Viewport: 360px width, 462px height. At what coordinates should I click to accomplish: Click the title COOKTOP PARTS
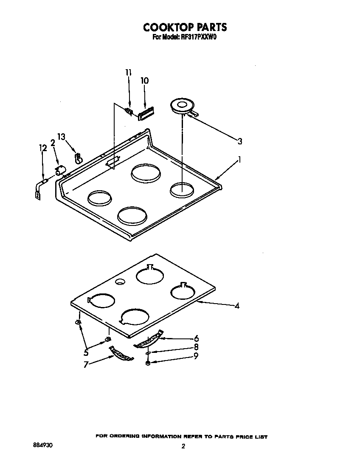pyautogui.click(x=185, y=28)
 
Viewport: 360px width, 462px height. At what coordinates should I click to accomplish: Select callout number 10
pyautogui.click(x=144, y=81)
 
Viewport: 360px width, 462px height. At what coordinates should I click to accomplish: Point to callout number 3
pyautogui.click(x=240, y=141)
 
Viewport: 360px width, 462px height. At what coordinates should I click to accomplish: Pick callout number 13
pyautogui.click(x=62, y=137)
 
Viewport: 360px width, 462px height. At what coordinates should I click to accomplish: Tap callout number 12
pyautogui.click(x=42, y=148)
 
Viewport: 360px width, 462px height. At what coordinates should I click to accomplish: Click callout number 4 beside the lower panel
pyautogui.click(x=237, y=306)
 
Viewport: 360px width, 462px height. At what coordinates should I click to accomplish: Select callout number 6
pyautogui.click(x=196, y=338)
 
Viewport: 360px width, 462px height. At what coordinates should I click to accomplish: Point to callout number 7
pyautogui.click(x=86, y=364)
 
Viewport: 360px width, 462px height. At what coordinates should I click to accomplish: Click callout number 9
pyautogui.click(x=196, y=357)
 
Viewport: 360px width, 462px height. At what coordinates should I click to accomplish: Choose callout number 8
pyautogui.click(x=196, y=347)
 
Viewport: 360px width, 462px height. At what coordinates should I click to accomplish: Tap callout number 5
pyautogui.click(x=86, y=352)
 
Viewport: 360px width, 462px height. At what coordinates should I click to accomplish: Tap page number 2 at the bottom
pyautogui.click(x=183, y=446)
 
